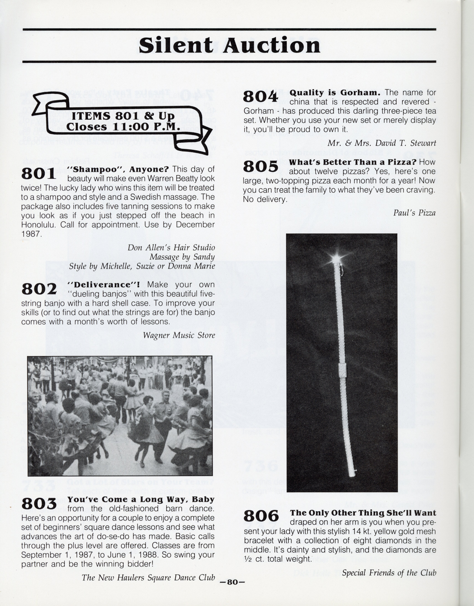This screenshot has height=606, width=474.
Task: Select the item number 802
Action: (39, 289)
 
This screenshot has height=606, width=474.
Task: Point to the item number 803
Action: (39, 504)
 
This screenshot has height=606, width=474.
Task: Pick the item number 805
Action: (260, 166)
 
